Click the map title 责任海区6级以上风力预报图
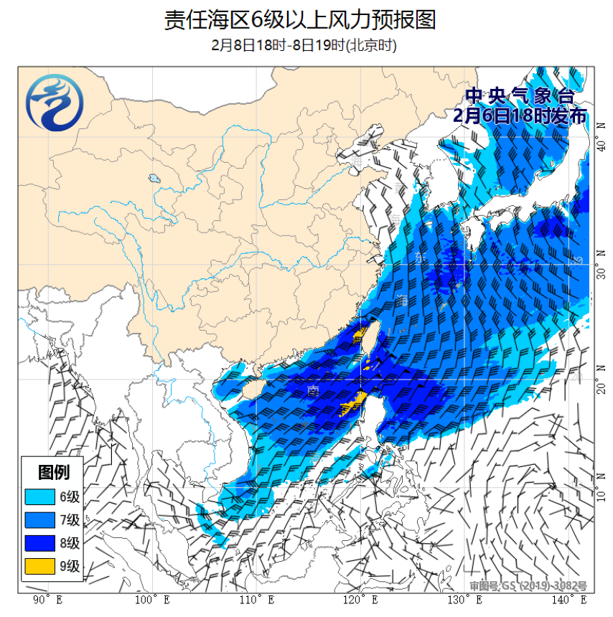(300, 19)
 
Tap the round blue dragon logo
(55, 105)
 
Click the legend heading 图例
(54, 472)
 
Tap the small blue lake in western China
(154, 177)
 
